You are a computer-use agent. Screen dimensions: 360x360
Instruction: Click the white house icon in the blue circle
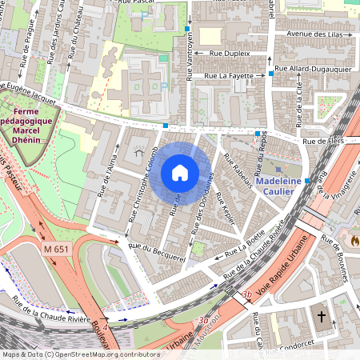tap(180, 173)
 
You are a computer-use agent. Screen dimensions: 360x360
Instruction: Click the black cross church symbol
tap(322, 317)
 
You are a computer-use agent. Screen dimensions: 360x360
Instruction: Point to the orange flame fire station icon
tap(354, 239)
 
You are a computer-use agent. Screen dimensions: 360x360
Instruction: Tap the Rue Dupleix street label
tap(230, 53)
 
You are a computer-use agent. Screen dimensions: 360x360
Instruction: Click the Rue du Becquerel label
tap(160, 254)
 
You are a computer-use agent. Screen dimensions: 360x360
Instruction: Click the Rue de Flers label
tap(323, 142)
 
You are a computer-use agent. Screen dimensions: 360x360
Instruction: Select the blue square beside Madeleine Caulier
tap(307, 182)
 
